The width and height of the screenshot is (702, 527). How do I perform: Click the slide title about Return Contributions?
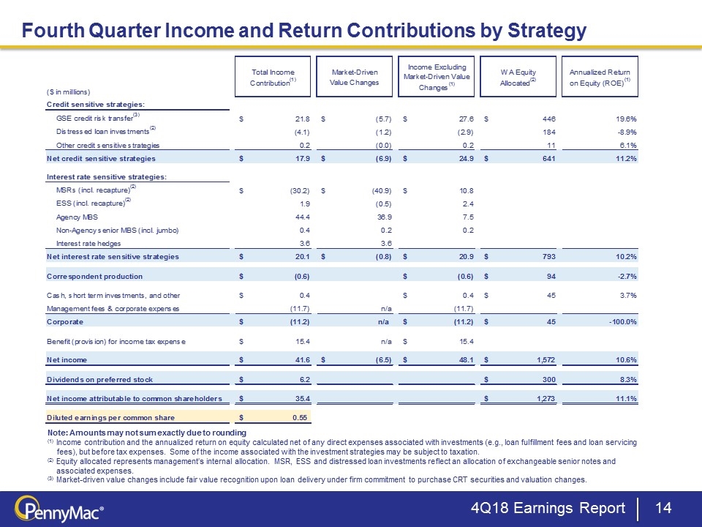click(x=303, y=30)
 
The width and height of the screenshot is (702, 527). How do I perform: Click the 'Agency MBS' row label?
click(x=76, y=217)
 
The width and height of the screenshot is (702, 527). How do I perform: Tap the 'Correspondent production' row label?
click(x=94, y=277)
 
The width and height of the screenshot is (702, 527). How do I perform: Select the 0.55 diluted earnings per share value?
click(x=300, y=417)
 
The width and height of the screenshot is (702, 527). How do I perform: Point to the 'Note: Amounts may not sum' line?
click(x=146, y=434)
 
